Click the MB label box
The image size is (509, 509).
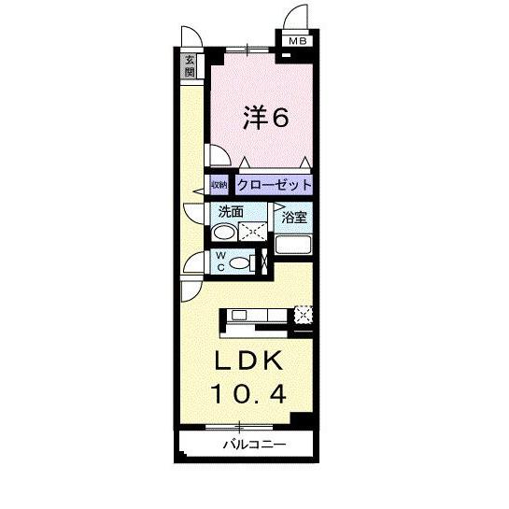coord(296,40)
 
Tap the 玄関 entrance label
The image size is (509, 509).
coord(190,65)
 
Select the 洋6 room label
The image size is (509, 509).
coord(265,119)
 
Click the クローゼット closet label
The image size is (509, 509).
coord(273,185)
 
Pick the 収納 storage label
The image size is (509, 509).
coord(219,185)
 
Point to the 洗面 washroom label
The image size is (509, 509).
coord(231,211)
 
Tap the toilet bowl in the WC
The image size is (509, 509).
coord(239,264)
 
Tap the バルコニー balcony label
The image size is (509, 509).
coord(253,444)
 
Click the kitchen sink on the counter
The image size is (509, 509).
coord(237,315)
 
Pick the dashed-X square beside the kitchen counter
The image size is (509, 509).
coord(303,315)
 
